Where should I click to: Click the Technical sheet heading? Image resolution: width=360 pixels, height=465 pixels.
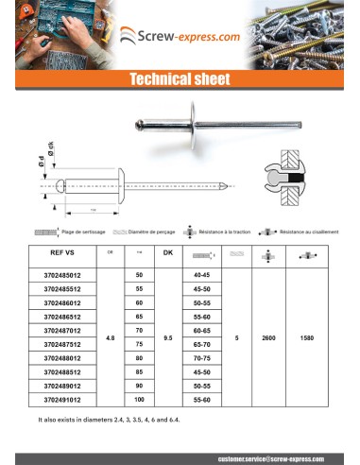180,79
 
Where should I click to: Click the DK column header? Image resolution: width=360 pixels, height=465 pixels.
168,254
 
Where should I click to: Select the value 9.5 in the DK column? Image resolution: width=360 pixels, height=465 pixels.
168,337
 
